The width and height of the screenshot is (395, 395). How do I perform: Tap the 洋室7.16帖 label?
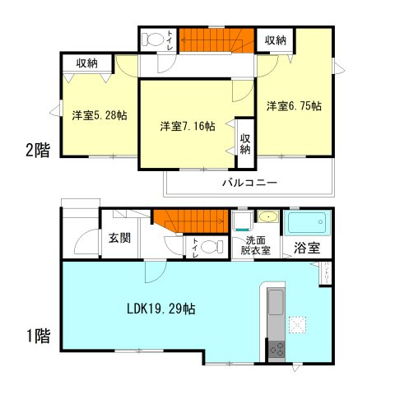point(188,126)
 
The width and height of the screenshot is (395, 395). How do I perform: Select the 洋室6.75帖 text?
point(293,106)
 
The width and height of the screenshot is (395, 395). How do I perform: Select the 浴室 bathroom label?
point(309,246)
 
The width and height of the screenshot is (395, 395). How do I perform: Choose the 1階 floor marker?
point(36,335)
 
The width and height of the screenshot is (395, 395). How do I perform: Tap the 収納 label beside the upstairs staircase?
point(276,40)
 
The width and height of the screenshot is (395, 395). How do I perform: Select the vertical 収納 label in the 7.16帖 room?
point(245,138)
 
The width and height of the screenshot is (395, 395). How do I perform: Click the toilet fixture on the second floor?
point(154,39)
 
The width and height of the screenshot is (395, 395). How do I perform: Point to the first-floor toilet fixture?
point(210,245)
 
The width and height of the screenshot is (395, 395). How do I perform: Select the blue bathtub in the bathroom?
point(307,223)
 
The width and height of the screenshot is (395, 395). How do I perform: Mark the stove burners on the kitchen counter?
point(275,349)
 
